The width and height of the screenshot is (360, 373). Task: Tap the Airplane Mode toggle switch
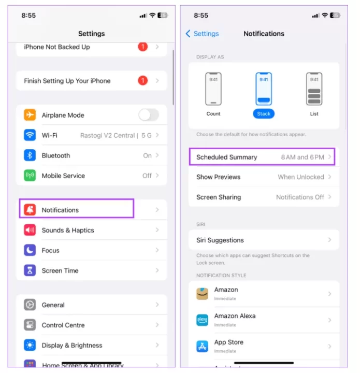[x=149, y=115]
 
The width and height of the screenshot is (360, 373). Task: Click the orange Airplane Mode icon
[x=30, y=115]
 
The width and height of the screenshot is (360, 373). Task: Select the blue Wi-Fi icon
[x=30, y=135]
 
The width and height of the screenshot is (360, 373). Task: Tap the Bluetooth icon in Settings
[x=30, y=155]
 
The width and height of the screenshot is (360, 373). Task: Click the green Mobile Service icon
[x=30, y=176]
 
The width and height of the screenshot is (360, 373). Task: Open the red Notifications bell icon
[x=30, y=210]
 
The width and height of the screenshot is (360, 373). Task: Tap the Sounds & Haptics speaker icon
[x=30, y=230]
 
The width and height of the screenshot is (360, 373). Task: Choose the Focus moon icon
[x=30, y=250]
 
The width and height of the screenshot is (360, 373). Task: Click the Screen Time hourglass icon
[x=30, y=270]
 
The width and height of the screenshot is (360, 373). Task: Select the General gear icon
[x=30, y=305]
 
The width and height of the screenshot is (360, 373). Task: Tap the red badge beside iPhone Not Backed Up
[x=142, y=47]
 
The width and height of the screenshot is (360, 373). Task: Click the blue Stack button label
[x=264, y=113]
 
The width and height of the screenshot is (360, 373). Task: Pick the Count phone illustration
[x=213, y=89]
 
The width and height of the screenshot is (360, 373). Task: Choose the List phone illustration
[x=314, y=89]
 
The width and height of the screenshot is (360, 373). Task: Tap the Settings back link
[x=202, y=34]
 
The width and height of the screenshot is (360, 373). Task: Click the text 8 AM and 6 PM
[x=303, y=157]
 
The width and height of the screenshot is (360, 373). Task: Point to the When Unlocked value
[x=301, y=177]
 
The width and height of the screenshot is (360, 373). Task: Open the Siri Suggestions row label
[x=220, y=240]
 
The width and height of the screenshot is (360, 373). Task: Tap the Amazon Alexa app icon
[x=202, y=320]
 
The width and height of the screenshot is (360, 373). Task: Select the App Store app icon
[x=202, y=346]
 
